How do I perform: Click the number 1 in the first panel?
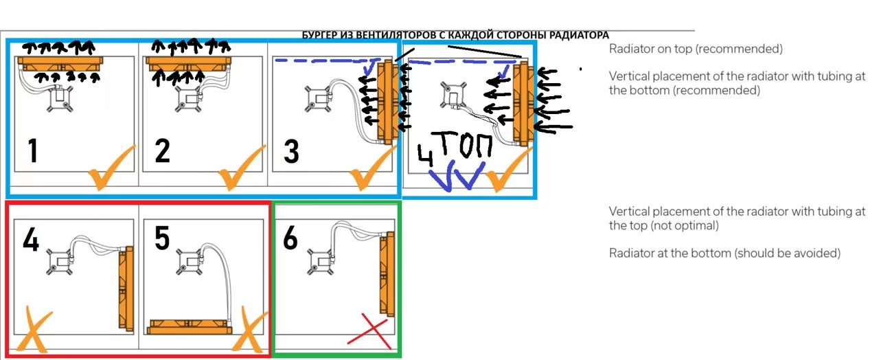pos(34,150)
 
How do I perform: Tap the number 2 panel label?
pos(163,150)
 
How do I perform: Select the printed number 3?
pos(291,152)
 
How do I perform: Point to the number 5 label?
pos(162,238)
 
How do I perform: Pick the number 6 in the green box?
pos(290,238)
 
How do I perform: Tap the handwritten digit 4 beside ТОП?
pos(425,155)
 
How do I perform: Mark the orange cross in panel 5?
pos(249,330)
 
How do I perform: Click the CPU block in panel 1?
pos(59,98)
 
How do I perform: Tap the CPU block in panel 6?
pos(321,261)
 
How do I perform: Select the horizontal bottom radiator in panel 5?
pos(189,326)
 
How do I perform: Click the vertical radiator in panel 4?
pos(126,289)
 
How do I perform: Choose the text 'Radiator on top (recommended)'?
pos(696,49)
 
